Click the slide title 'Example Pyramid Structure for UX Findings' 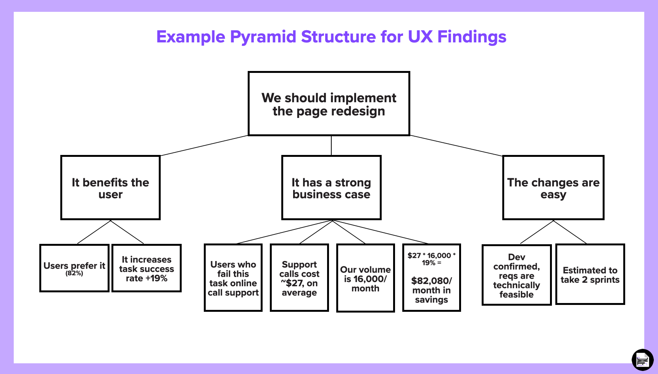[x=331, y=37]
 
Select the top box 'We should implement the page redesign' [x=329, y=104]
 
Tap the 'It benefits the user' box [x=110, y=188]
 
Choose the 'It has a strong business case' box [x=331, y=188]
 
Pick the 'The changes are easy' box [x=553, y=188]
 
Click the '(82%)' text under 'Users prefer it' [x=74, y=273]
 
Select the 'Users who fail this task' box [x=233, y=278]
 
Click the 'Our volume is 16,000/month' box [x=365, y=279]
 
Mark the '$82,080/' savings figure [x=431, y=281]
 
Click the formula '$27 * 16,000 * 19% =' [x=431, y=259]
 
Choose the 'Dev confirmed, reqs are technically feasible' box [x=516, y=275]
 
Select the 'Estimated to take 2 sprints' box [x=590, y=275]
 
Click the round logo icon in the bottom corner [x=643, y=359]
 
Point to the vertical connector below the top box [x=331, y=145]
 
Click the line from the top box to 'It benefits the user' [x=204, y=146]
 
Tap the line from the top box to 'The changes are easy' [x=456, y=146]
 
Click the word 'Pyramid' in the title [x=263, y=37]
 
